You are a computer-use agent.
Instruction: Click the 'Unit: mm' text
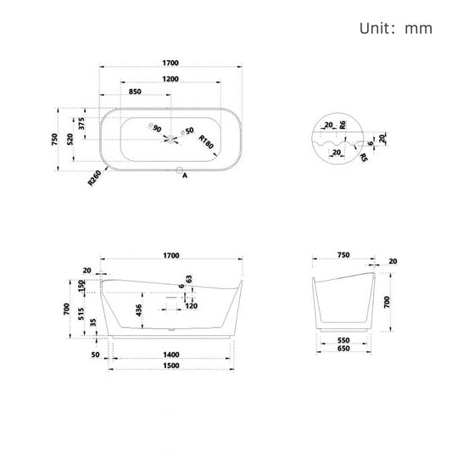396,28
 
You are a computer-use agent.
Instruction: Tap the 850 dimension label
135,92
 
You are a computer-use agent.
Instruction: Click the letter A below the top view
184,177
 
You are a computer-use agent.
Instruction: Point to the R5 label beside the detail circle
364,156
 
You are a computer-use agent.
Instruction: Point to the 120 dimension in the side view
191,306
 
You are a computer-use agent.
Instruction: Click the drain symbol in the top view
173,137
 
